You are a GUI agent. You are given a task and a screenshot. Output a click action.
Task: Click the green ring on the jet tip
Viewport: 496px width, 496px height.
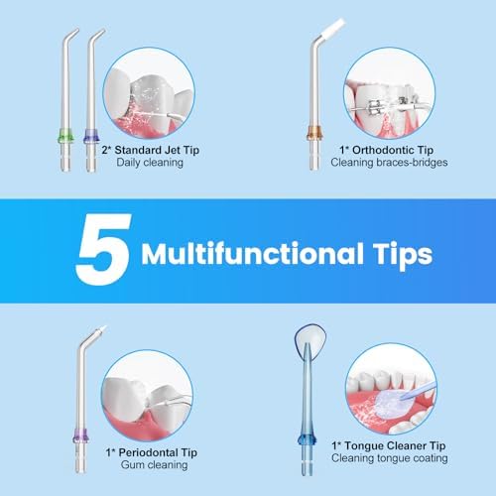65,136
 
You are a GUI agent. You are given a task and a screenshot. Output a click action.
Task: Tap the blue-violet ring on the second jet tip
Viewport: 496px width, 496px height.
91,136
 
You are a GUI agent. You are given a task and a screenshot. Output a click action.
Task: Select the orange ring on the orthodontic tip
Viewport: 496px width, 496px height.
314,133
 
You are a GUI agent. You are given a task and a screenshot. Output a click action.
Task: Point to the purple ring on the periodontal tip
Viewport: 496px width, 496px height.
80,436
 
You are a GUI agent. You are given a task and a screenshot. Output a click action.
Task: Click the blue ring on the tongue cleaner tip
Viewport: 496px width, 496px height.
307,440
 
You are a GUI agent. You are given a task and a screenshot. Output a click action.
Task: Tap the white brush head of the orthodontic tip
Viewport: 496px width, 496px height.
333,29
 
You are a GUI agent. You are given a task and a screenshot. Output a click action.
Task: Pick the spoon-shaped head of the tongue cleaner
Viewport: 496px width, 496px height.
310,340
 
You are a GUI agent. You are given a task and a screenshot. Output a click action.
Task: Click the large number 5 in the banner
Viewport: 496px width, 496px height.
104,249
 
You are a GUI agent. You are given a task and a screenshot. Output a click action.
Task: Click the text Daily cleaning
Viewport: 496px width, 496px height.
150,163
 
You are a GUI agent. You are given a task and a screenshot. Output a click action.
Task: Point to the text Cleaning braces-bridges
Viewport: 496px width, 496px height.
389,163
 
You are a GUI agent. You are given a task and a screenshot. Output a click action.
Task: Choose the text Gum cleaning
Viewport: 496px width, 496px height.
154,465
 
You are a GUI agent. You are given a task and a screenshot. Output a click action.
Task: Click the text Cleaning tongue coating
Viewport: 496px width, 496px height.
390,458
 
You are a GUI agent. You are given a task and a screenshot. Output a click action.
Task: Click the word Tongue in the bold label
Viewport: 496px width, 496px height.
365,446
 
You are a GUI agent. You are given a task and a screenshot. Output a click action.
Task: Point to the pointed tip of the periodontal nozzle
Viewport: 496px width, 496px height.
104,328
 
